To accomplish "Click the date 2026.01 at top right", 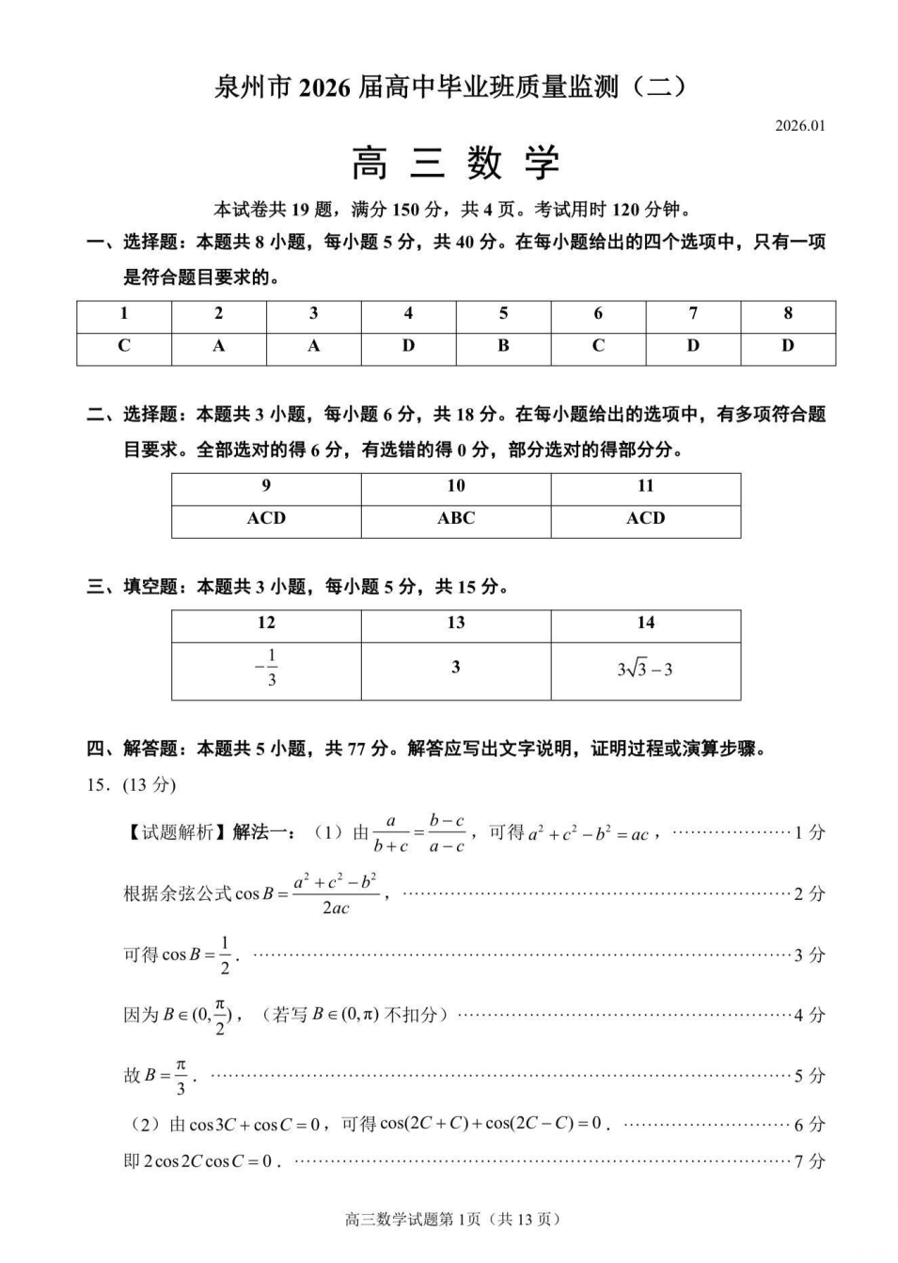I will click(799, 126).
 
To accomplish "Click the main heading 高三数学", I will click(456, 164).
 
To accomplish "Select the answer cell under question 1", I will click(124, 346).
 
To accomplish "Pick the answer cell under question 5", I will click(503, 346).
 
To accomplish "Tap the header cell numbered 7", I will click(693, 314).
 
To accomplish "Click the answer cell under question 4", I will click(408, 346).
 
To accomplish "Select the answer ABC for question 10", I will click(456, 518).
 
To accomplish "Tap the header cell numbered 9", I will click(266, 486).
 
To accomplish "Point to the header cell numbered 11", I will click(645, 486).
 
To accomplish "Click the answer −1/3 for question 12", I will click(267, 668).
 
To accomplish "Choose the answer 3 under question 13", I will click(456, 668).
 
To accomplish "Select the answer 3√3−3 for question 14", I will click(645, 670).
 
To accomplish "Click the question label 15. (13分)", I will click(131, 785).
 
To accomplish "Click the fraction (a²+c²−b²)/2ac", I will click(336, 893).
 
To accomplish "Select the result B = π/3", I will click(158, 1076).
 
